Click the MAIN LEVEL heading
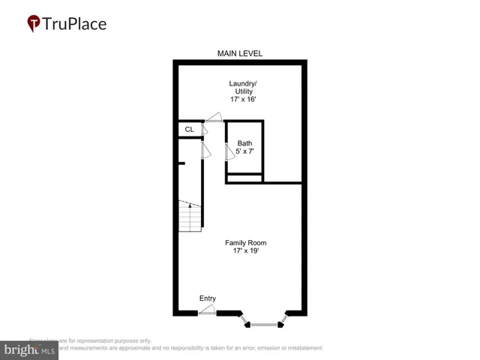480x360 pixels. [240, 53]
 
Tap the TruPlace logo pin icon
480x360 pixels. [34, 23]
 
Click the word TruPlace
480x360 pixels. [74, 23]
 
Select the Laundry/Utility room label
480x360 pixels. [240, 87]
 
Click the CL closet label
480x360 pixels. [189, 130]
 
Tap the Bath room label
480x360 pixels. [245, 142]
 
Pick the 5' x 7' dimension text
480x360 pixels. [245, 151]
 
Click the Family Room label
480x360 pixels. [246, 242]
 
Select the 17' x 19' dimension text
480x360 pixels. [246, 251]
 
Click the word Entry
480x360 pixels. [208, 298]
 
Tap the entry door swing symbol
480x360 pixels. [208, 310]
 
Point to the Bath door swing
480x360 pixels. [229, 151]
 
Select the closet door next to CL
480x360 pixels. [205, 130]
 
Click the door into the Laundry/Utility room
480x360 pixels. [214, 117]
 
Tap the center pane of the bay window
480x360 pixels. [262, 324]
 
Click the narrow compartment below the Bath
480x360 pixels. [244, 178]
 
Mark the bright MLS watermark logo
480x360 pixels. [29, 349]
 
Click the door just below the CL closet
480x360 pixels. [205, 151]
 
